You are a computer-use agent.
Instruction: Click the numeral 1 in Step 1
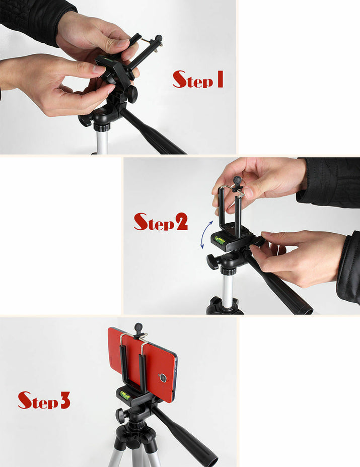pos(219,79)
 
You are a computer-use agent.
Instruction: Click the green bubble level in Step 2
pos(220,240)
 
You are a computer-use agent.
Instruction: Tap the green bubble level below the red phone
pos(124,395)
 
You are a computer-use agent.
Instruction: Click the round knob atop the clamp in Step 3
pos(138,327)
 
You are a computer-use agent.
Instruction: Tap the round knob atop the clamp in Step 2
pos(237,180)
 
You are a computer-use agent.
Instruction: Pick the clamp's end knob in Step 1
pos(158,39)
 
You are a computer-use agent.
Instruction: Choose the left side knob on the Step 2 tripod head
pos(212,261)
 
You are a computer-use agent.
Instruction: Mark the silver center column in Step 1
pos(102,141)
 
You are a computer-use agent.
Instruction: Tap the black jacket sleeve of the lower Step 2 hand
pos(348,270)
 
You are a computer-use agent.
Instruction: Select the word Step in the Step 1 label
pos(191,80)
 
